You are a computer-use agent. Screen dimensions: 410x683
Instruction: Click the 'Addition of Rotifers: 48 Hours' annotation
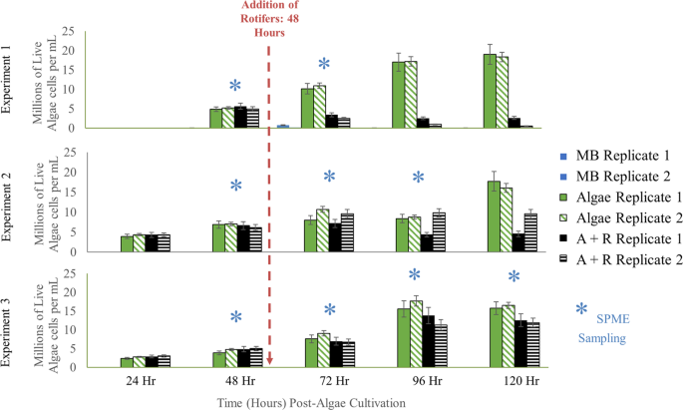[x=266, y=19]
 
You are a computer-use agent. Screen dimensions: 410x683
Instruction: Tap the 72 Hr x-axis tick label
[x=330, y=381]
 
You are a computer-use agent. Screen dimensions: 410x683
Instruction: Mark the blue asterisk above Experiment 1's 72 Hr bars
[x=324, y=65]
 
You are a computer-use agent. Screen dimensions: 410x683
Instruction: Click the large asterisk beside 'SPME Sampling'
[x=582, y=312]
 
